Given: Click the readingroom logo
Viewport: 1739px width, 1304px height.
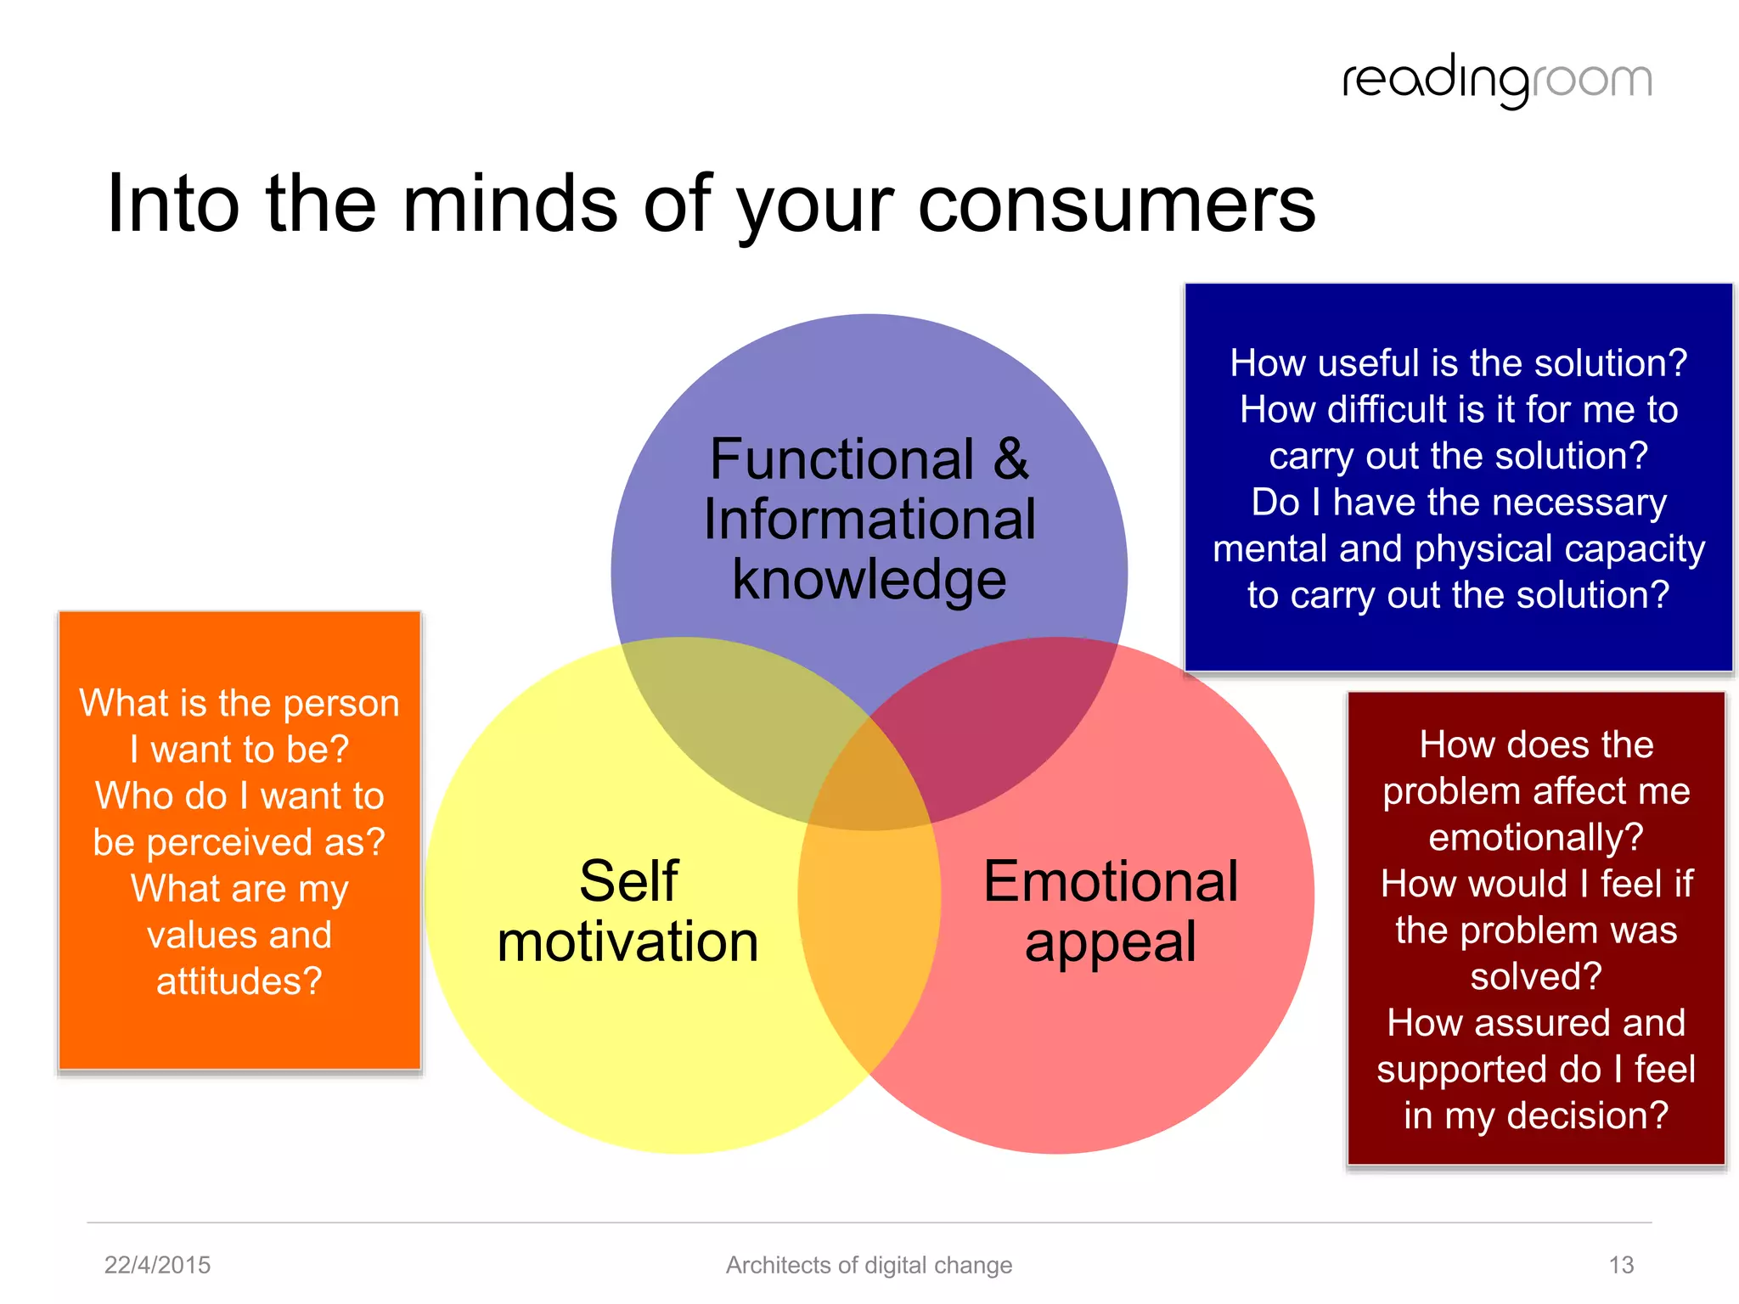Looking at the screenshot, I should click(1496, 81).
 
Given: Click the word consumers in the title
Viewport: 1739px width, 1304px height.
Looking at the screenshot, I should click(1116, 204).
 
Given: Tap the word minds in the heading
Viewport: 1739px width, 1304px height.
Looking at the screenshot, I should click(509, 204).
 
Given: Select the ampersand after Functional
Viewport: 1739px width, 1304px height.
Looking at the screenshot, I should click(1010, 459).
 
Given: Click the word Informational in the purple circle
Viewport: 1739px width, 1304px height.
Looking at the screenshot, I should click(869, 520).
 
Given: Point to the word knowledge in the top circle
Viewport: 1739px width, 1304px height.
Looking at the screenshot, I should click(869, 581).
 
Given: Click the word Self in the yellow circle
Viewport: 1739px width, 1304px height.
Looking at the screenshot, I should click(628, 881).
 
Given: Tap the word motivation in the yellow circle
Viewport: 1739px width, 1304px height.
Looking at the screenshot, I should click(628, 942).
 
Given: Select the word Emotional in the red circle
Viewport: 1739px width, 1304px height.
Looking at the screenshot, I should click(1111, 881).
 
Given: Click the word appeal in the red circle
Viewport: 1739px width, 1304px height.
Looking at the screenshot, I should click(1111, 942).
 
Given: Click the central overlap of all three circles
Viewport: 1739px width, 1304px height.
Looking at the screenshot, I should click(869, 785).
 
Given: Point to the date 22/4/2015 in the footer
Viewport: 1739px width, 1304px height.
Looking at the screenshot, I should click(157, 1265).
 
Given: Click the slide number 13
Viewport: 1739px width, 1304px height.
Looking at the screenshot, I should click(1621, 1265).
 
